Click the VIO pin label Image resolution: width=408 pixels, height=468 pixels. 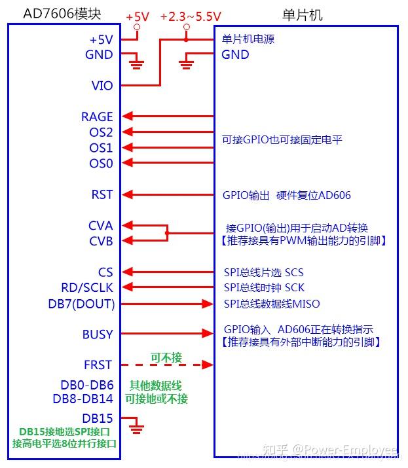point(102,86)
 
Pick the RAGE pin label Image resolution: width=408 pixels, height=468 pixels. point(97,117)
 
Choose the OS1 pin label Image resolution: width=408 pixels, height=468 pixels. point(101,148)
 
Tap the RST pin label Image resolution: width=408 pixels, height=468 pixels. point(102,194)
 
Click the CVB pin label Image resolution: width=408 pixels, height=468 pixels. point(101,241)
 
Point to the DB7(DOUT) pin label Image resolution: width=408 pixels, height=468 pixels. point(81,304)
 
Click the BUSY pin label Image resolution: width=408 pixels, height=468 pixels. point(97,334)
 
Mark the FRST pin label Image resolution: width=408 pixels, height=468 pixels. point(98,365)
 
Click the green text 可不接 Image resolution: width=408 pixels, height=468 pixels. point(166,357)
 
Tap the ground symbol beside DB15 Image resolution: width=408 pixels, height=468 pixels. point(137,429)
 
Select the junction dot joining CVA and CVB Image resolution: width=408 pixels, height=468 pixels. point(167,233)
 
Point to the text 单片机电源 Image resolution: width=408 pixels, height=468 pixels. point(248,39)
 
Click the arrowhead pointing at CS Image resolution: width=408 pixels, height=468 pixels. point(129,272)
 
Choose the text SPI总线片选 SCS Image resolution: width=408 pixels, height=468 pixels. point(264,272)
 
